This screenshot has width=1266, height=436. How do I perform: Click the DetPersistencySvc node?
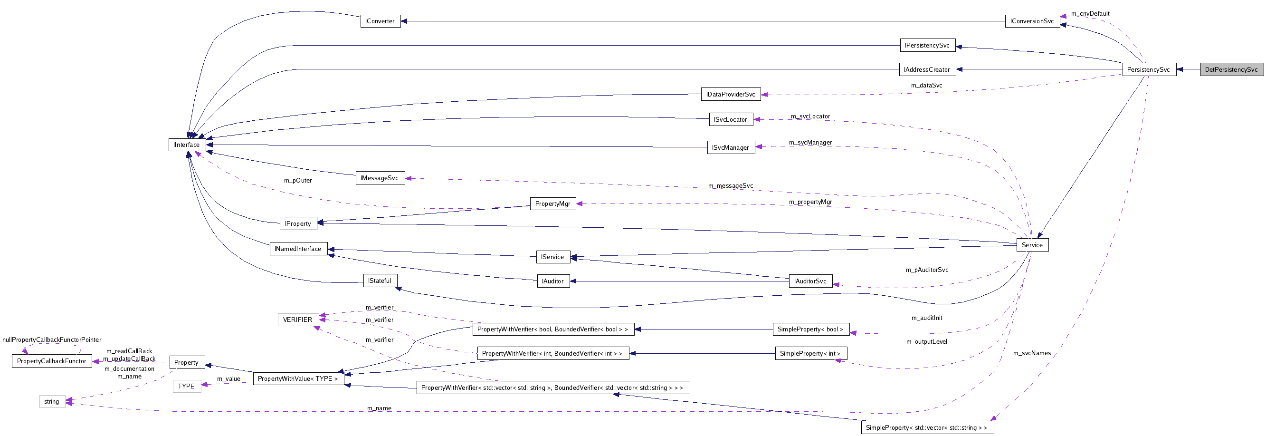click(1231, 69)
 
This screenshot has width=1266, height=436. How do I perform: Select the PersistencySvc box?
click(1149, 69)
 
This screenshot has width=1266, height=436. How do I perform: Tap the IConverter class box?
click(380, 21)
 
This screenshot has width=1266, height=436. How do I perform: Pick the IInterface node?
click(187, 145)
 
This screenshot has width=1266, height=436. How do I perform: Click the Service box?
click(1032, 245)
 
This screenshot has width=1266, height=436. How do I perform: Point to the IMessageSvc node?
click(380, 178)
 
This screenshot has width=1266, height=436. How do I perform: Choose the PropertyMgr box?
click(552, 203)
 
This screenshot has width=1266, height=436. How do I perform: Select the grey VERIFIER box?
click(297, 320)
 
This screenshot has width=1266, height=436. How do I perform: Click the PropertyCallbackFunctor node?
click(52, 361)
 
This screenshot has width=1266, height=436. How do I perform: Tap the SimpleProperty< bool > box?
click(810, 329)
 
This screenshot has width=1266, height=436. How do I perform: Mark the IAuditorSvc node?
click(810, 281)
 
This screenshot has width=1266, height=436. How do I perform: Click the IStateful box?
click(380, 281)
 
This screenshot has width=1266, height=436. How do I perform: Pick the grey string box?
click(52, 402)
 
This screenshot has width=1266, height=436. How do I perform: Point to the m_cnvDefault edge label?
click(1090, 14)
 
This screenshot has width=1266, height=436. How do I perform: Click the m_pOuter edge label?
click(298, 181)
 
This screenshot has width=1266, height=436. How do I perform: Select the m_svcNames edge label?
click(1032, 353)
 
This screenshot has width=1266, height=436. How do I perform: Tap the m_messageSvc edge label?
click(730, 186)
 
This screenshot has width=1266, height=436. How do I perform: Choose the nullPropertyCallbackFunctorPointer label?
click(52, 340)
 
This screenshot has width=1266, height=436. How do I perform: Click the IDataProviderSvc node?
click(730, 95)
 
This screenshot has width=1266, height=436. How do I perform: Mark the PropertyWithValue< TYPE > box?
click(298, 379)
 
